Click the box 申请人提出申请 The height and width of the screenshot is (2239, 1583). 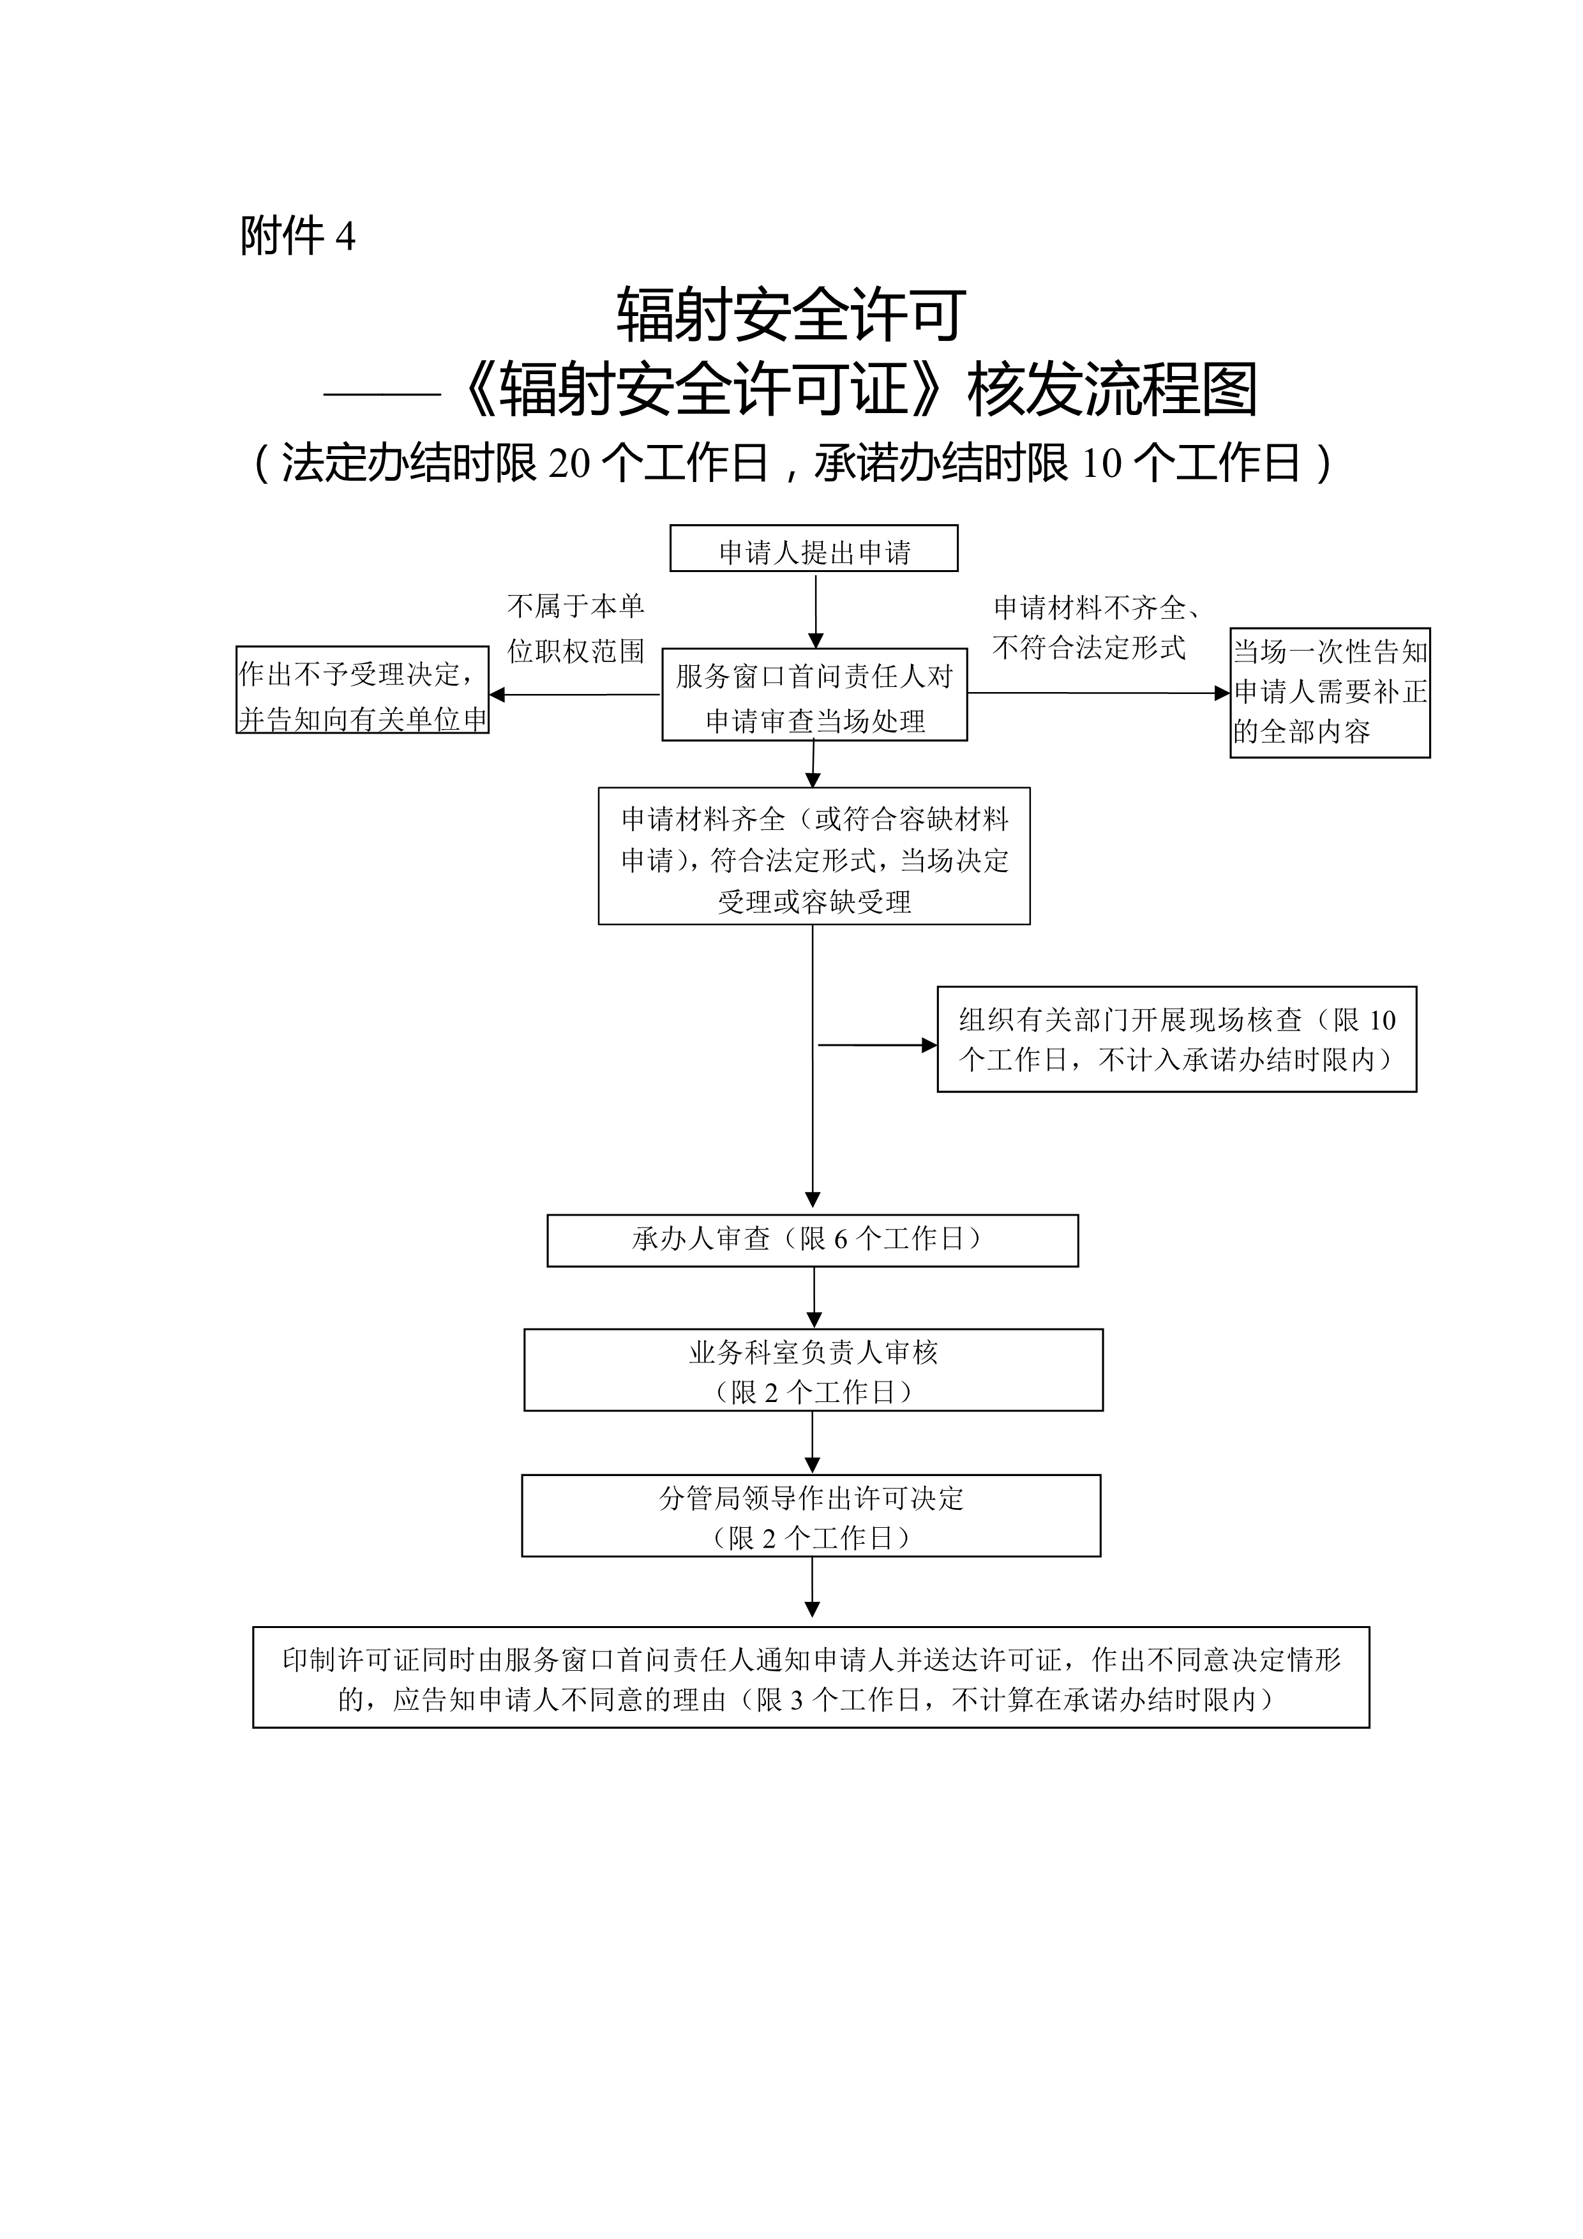(x=814, y=548)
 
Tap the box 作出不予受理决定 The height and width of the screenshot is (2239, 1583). (x=363, y=690)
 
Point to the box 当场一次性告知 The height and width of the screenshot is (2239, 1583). (x=1330, y=692)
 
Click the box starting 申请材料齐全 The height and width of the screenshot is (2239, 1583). (x=814, y=856)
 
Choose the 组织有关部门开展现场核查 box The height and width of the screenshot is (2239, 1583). (x=1176, y=1039)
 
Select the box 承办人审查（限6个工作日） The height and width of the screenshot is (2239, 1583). (x=813, y=1240)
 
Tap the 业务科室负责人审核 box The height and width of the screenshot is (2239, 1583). (x=814, y=1370)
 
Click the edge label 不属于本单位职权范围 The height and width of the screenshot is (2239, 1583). (x=576, y=629)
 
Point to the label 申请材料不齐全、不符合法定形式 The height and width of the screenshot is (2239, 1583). (x=1097, y=628)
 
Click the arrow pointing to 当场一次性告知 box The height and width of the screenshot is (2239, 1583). (x=1099, y=693)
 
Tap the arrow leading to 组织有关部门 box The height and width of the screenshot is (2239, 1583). (x=877, y=1045)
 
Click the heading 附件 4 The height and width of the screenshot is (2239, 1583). (x=298, y=236)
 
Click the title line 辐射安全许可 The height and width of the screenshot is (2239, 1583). (x=791, y=315)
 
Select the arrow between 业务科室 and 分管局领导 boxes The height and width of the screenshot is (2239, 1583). (x=813, y=1442)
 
